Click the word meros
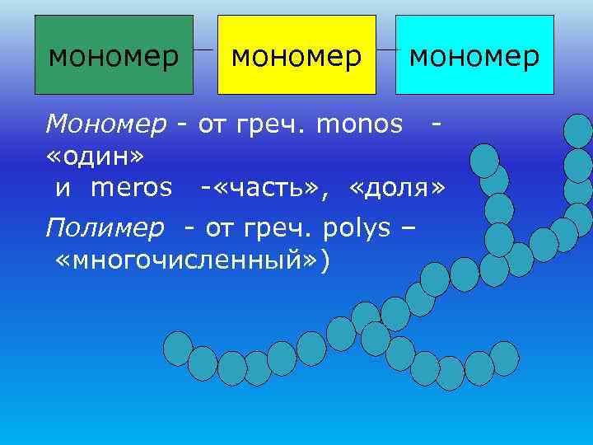[x=132, y=188]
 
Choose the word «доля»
[x=397, y=188]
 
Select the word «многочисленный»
[x=187, y=260]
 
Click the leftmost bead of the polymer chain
[x=177, y=349]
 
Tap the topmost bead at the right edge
[x=578, y=131]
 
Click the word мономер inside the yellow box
[x=296, y=57]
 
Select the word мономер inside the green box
[x=113, y=57]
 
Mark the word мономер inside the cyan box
[x=474, y=57]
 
